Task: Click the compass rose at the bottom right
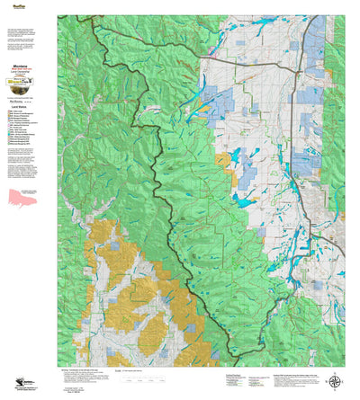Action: coord(335,380)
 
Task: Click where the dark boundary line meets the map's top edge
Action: coord(78,15)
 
